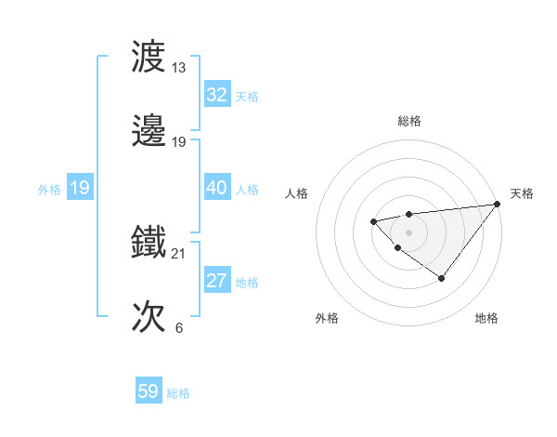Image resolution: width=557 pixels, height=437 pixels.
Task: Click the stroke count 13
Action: (x=178, y=68)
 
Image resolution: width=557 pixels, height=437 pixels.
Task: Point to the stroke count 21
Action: (x=178, y=254)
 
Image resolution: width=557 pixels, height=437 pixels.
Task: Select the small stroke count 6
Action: (x=178, y=328)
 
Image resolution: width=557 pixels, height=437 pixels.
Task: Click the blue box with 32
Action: (x=216, y=95)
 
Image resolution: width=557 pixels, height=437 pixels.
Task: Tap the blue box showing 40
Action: (x=216, y=188)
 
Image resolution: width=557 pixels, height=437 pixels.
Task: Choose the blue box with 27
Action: (x=216, y=281)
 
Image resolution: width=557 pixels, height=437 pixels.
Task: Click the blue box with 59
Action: (x=148, y=391)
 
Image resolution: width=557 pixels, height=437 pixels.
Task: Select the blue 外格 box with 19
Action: (x=79, y=189)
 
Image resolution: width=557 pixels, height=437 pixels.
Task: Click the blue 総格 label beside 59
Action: (x=178, y=393)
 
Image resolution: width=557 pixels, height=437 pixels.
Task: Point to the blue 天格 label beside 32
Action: (x=247, y=97)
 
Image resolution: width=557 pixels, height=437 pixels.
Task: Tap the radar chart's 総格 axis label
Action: (x=408, y=121)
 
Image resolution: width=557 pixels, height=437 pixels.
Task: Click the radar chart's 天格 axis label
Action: (x=522, y=193)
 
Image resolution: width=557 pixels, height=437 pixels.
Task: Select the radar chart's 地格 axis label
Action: (x=486, y=319)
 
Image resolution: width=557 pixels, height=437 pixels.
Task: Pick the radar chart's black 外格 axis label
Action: (x=327, y=319)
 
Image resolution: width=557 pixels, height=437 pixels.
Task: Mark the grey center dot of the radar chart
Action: (x=408, y=232)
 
